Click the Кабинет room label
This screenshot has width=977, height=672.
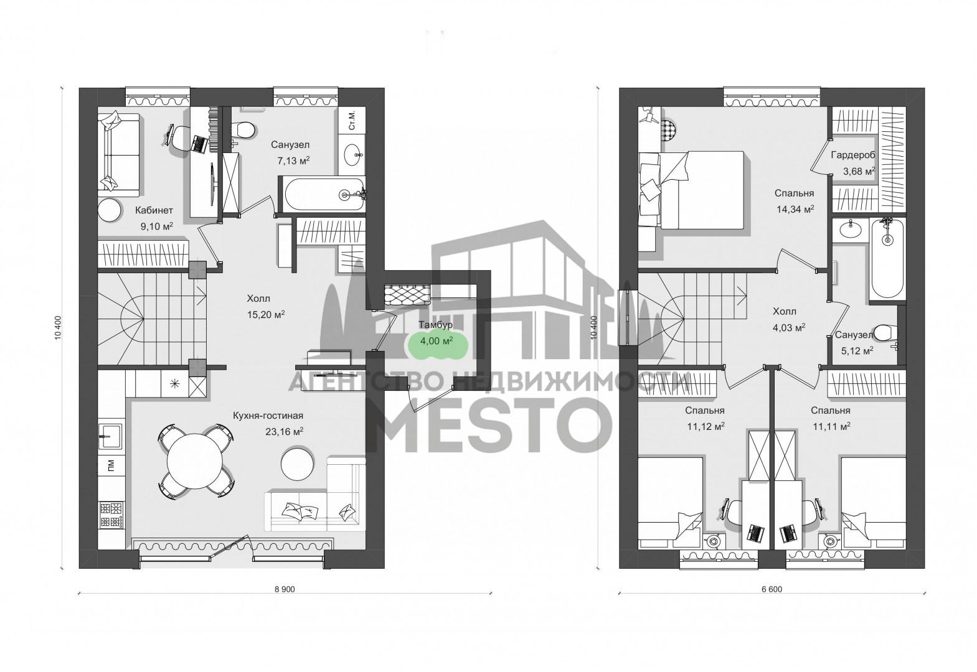154,210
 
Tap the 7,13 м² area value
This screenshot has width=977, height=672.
293,161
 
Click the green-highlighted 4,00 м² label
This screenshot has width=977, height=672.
436,340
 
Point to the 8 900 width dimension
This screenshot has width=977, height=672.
285,589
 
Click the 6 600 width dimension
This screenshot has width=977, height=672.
772,589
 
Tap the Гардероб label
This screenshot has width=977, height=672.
853,155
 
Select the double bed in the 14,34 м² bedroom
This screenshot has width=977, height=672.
691,190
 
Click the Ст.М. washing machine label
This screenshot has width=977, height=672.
352,120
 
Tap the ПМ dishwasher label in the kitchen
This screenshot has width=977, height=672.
111,465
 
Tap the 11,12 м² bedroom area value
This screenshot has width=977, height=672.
706,427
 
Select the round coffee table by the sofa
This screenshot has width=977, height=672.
298,462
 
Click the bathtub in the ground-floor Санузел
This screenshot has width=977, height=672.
321,195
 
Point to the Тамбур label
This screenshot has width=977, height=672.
435,325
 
